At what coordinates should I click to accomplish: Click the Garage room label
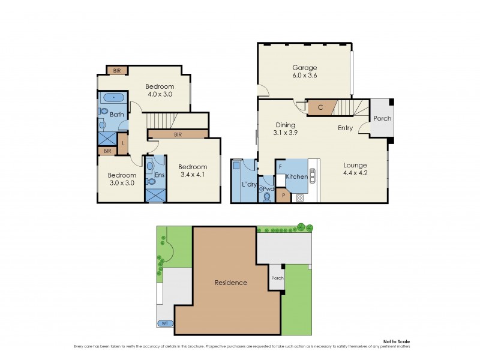(305, 68)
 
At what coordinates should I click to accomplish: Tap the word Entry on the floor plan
(345, 128)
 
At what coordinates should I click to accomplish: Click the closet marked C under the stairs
(320, 108)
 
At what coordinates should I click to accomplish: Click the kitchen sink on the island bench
(312, 175)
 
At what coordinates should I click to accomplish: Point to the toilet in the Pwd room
(267, 196)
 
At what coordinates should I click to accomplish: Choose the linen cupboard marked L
(123, 143)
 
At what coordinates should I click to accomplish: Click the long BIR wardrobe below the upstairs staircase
(178, 135)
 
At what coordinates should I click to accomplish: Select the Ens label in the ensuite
(160, 175)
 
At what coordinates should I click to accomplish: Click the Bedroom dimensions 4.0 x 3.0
(160, 94)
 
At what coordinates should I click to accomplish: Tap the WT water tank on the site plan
(164, 323)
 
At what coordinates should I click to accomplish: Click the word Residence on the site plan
(231, 283)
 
